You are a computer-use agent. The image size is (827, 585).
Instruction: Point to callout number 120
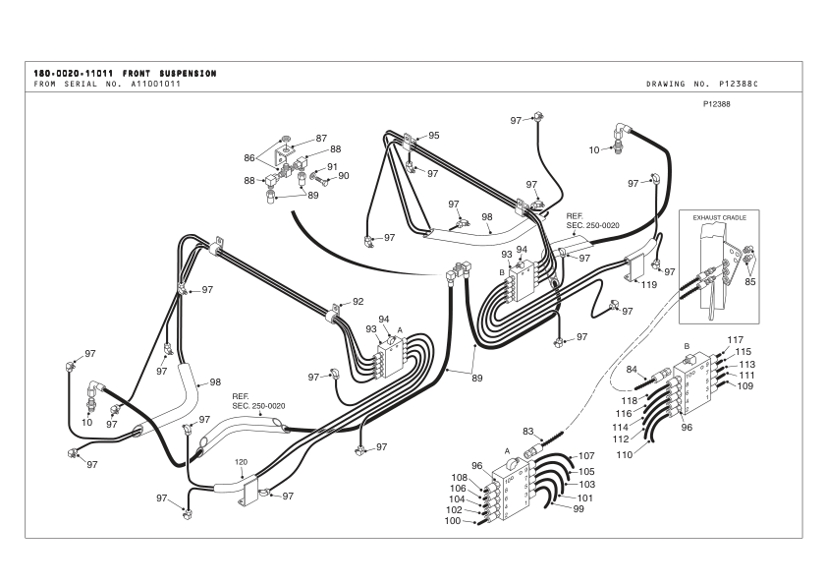pos(241,461)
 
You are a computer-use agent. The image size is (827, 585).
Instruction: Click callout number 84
pos(633,370)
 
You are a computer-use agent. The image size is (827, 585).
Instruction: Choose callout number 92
pos(358,302)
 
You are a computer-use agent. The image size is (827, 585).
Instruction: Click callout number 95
pos(433,135)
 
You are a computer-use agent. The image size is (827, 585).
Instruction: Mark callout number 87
pos(321,139)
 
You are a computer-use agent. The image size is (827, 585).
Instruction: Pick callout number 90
pos(344,176)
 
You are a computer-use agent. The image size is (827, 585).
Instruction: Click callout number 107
pos(586,456)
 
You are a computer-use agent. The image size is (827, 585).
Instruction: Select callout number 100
pos(452,521)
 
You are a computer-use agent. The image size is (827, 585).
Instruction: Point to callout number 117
pos(734,339)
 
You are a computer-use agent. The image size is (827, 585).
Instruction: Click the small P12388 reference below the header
pos(719,103)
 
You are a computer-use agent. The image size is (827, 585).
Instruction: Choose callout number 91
pos(332,166)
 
